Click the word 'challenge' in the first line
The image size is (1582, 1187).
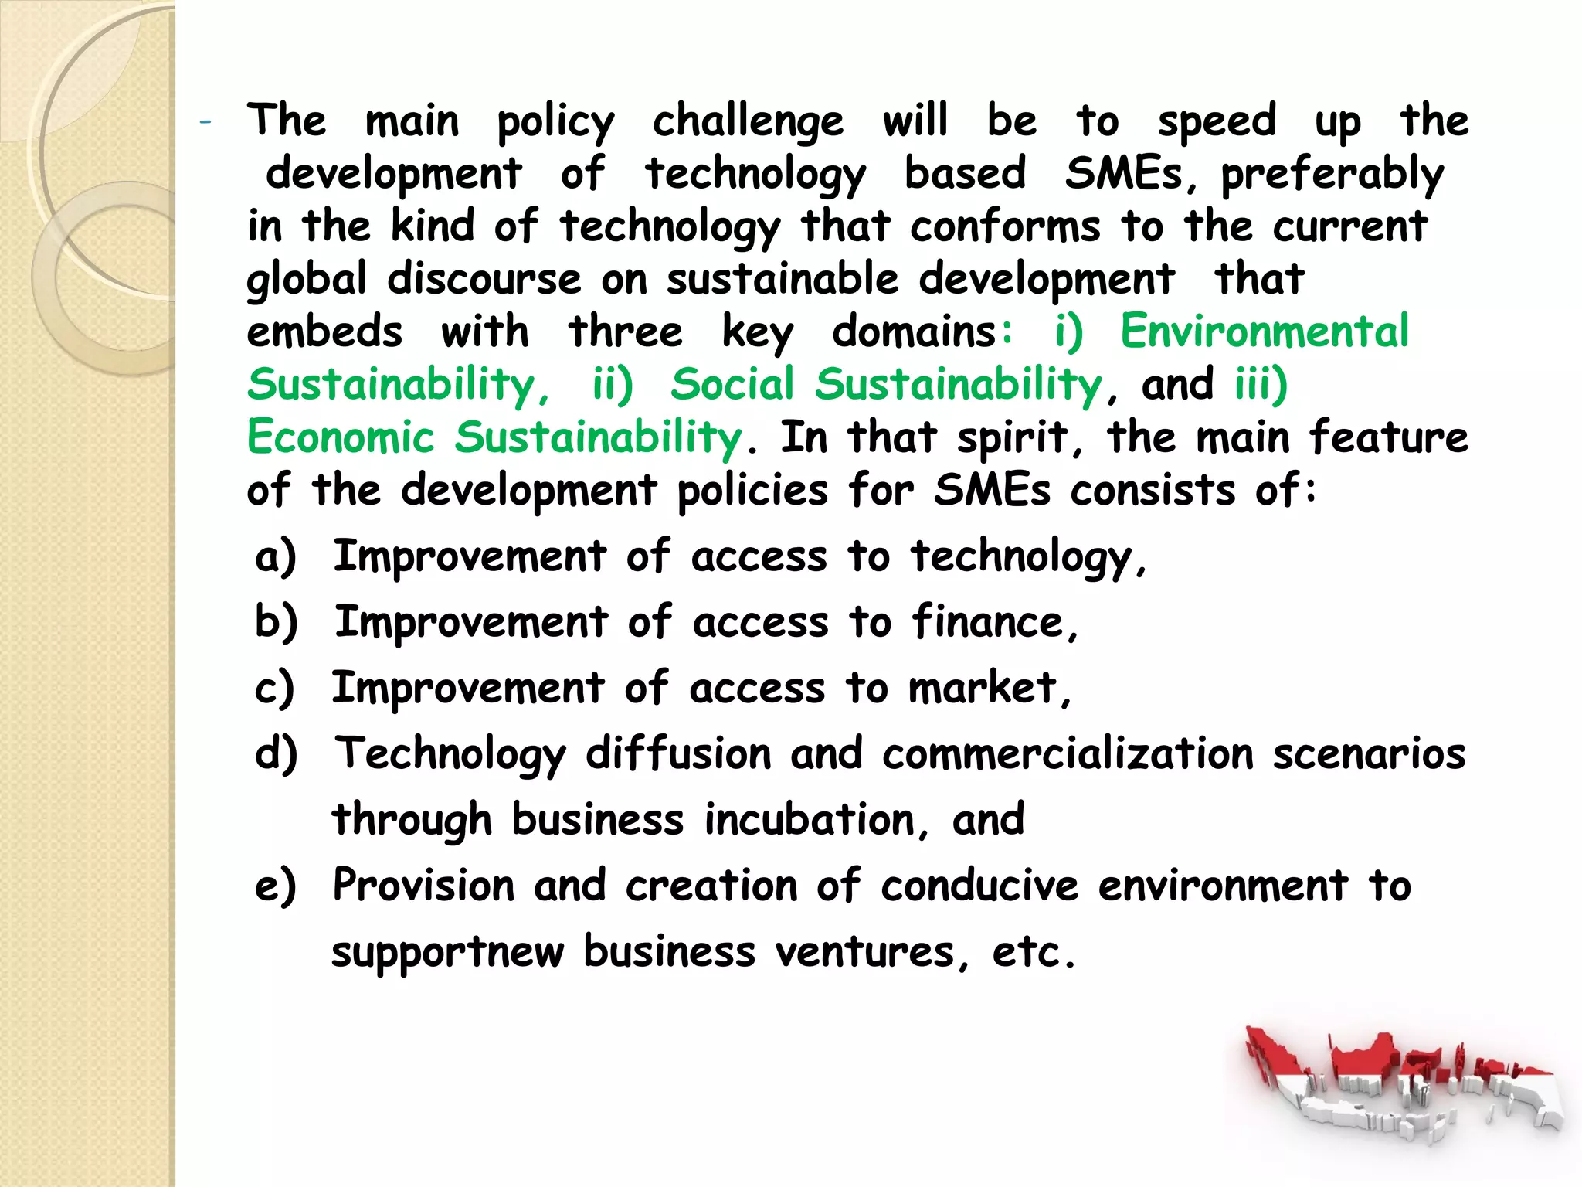click(747, 122)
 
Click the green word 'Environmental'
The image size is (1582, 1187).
click(1265, 332)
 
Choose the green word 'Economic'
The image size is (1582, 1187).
click(341, 437)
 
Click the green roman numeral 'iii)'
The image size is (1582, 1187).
click(1261, 384)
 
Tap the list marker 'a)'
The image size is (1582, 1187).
click(276, 557)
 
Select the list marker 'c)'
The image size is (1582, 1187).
click(275, 689)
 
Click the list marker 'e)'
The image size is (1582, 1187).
click(276, 886)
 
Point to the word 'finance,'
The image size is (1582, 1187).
click(995, 623)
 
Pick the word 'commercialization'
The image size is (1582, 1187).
click(1068, 754)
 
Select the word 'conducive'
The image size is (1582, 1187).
click(979, 886)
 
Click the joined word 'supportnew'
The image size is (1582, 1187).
click(448, 952)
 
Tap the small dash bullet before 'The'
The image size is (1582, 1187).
click(205, 122)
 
